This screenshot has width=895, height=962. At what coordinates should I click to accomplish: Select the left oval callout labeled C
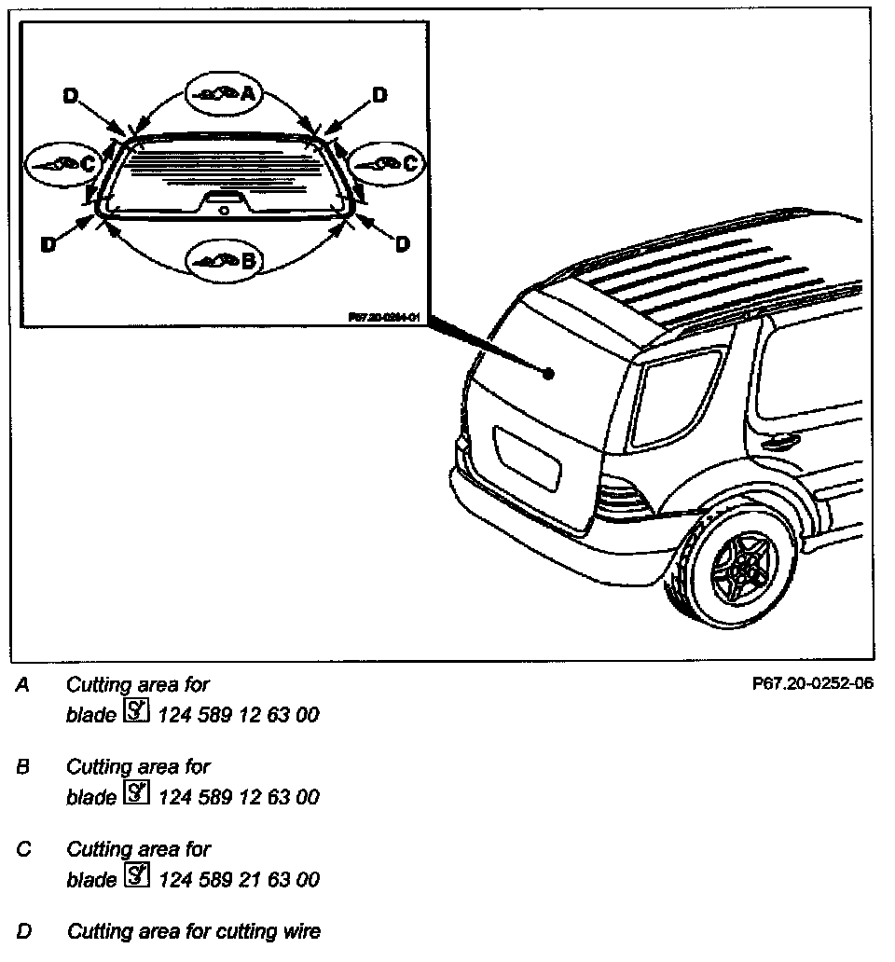click(x=62, y=163)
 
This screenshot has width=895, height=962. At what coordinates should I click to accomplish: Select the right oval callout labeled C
click(x=385, y=163)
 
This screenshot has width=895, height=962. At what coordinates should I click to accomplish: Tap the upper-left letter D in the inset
click(x=71, y=95)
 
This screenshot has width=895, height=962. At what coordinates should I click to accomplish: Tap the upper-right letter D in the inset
click(x=379, y=95)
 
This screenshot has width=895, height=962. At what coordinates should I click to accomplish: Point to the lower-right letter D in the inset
click(x=402, y=244)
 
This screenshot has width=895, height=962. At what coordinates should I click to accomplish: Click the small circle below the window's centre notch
click(x=224, y=211)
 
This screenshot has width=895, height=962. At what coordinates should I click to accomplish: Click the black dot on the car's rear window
click(x=549, y=373)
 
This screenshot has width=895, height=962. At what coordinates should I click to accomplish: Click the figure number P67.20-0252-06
click(x=811, y=683)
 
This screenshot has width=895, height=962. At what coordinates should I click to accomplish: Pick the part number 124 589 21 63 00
click(x=240, y=879)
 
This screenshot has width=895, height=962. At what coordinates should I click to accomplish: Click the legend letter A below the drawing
click(x=23, y=685)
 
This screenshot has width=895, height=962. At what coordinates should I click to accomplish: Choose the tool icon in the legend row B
click(x=136, y=796)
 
